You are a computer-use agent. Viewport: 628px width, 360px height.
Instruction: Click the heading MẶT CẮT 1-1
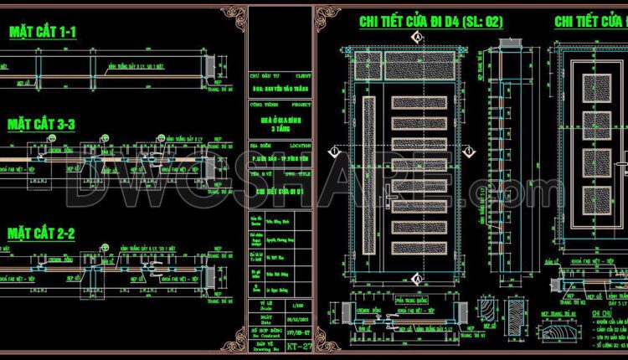(42, 33)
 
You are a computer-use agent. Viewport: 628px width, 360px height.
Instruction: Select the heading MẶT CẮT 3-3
(42, 125)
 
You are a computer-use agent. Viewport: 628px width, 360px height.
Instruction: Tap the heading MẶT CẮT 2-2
(42, 234)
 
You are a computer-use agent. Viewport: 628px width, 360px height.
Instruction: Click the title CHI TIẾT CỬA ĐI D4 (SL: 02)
(430, 23)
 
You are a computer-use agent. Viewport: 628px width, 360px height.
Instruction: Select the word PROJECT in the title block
(301, 105)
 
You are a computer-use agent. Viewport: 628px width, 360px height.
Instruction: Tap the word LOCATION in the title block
(300, 144)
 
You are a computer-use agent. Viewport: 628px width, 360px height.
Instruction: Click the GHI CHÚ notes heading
(570, 291)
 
